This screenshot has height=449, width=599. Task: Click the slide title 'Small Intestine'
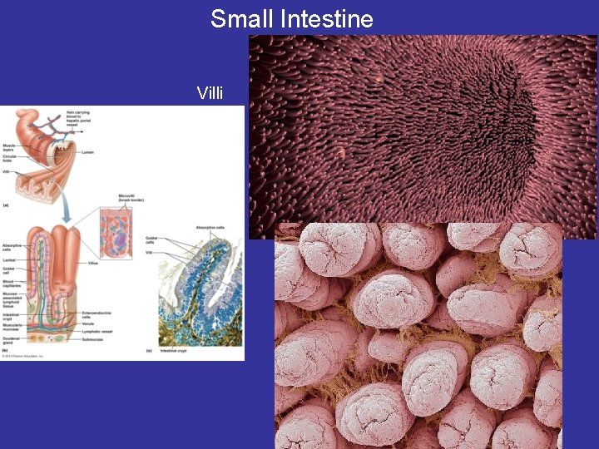pos(291,18)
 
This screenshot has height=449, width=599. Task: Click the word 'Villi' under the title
pos(210,92)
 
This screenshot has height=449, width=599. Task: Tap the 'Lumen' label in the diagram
pos(88,152)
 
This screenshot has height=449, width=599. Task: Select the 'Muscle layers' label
pos(9,147)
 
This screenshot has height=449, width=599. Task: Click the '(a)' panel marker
pos(7,205)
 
